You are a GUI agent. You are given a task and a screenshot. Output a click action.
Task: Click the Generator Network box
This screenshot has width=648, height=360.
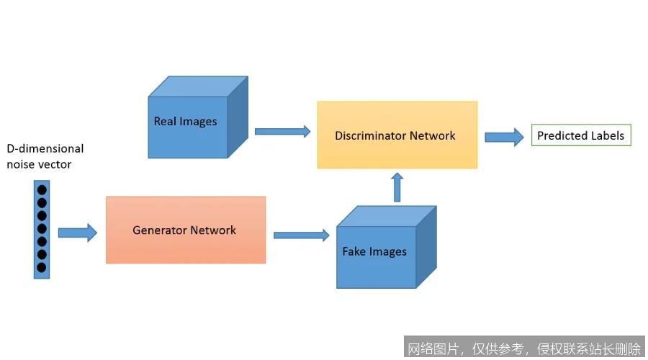click(186, 230)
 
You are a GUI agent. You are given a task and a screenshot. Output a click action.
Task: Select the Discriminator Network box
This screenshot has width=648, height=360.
click(397, 135)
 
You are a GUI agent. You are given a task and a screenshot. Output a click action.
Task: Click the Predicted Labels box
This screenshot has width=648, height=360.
click(580, 135)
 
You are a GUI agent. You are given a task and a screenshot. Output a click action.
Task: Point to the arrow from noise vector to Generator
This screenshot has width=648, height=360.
click(77, 232)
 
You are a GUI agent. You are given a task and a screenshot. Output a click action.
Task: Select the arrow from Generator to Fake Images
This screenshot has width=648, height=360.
click(301, 235)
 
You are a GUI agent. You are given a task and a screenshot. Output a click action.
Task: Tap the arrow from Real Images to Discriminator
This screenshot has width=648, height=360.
click(282, 131)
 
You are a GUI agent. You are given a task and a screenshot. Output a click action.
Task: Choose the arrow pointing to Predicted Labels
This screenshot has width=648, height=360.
click(504, 136)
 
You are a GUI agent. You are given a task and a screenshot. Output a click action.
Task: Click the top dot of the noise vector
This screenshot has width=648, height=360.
click(42, 190)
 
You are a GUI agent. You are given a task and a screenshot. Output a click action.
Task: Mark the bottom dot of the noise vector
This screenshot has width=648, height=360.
click(42, 268)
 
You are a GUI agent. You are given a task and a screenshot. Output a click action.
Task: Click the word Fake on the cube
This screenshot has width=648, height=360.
click(354, 251)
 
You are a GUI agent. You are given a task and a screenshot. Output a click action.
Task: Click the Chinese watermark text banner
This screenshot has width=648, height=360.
click(524, 349)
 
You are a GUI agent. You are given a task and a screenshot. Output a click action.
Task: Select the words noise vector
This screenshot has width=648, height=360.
click(40, 164)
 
